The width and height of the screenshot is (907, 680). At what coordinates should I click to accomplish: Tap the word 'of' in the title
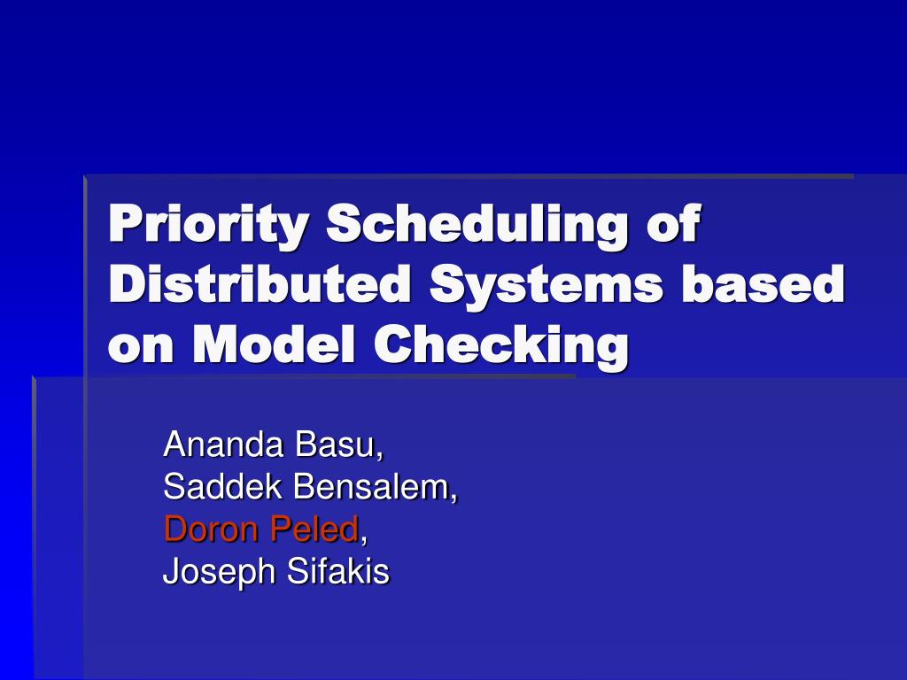672,223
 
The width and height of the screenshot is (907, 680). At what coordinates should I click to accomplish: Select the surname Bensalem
380,487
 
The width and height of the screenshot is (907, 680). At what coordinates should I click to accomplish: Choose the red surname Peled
314,529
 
